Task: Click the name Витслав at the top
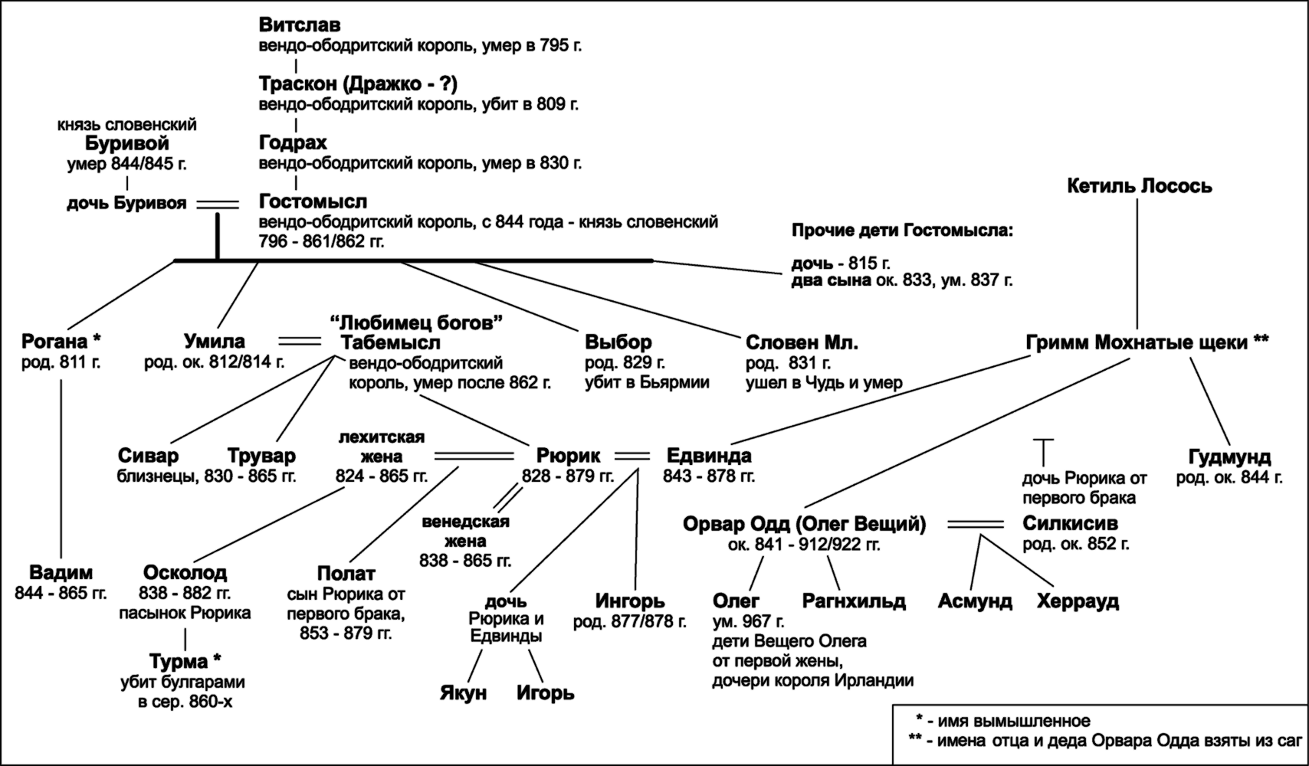(300, 25)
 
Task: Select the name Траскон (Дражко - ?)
(358, 84)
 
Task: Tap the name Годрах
(294, 142)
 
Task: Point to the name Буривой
(126, 143)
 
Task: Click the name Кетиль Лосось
(1140, 186)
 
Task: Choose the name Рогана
(54, 341)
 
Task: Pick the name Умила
(215, 341)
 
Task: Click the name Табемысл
(390, 342)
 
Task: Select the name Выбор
(618, 342)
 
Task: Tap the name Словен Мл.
(802, 342)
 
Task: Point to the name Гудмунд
(1229, 457)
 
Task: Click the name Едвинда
(709, 456)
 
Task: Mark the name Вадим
(61, 573)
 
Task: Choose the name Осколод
(185, 573)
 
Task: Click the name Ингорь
(630, 601)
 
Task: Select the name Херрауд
(1078, 601)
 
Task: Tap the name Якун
(463, 693)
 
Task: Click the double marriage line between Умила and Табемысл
(300, 340)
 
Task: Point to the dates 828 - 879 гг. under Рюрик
(568, 476)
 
